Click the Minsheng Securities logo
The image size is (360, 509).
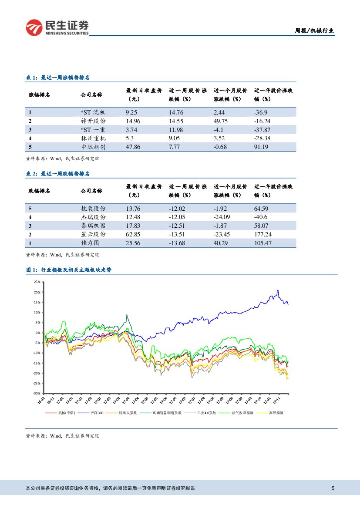(57, 27)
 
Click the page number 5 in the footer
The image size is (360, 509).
(333, 488)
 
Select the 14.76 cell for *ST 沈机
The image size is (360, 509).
(176, 112)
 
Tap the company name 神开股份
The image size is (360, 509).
(93, 121)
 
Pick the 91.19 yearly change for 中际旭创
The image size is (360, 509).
(261, 147)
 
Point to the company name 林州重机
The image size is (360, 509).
(93, 138)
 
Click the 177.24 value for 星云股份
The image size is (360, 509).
(263, 234)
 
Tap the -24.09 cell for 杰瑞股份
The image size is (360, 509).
(222, 216)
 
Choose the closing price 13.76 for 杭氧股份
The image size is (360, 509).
(133, 208)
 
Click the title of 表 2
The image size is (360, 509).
(58, 174)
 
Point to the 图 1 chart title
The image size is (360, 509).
(69, 270)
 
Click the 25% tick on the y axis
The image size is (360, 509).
(37, 282)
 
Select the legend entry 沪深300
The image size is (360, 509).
(97, 412)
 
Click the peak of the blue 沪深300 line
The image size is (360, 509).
(278, 290)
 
